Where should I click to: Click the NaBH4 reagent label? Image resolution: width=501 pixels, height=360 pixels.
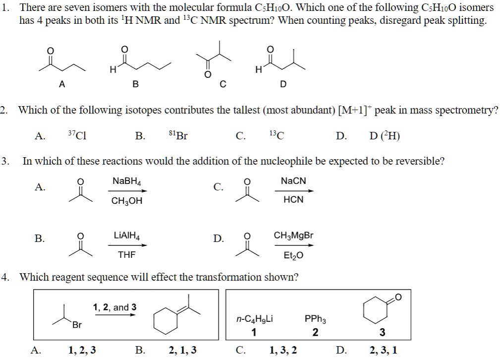[x=127, y=182]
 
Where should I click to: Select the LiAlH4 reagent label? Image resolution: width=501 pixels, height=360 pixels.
[x=127, y=236]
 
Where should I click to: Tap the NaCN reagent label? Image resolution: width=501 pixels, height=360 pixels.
[x=293, y=181]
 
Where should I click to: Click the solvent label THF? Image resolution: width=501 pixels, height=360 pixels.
[x=126, y=255]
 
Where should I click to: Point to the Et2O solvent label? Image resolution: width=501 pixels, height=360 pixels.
[x=293, y=255]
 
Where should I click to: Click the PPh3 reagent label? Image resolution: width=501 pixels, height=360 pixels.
[x=315, y=320]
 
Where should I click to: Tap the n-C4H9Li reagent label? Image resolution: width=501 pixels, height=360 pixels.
[x=254, y=320]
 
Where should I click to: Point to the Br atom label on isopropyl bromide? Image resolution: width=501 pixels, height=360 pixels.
[x=77, y=325]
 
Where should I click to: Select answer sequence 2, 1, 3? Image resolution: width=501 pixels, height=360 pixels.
[x=183, y=351]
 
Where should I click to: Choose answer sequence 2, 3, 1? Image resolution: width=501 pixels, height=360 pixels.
[x=384, y=351]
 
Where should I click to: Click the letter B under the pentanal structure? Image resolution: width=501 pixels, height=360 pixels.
[x=135, y=84]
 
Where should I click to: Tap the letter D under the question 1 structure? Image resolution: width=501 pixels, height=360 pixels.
[x=283, y=84]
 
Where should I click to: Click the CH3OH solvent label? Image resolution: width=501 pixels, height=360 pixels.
[x=127, y=201]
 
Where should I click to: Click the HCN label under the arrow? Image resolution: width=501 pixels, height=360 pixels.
[x=293, y=200]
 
